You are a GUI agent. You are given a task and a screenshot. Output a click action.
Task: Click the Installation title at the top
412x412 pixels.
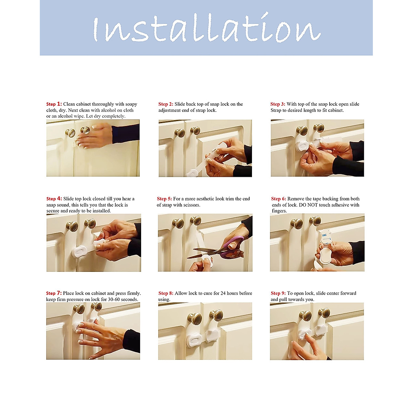tap(207, 28)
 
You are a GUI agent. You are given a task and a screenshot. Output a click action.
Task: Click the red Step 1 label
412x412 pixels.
tap(54, 104)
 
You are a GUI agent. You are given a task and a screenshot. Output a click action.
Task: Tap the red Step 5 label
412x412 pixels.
tap(164, 199)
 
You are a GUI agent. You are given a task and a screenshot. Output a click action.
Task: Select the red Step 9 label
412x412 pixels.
tap(278, 293)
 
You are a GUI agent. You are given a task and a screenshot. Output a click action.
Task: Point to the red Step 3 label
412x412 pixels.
tap(278, 104)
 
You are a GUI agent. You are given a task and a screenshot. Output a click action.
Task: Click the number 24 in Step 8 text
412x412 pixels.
tap(223, 293)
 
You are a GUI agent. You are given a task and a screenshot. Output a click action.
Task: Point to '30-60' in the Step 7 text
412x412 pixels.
tap(114, 299)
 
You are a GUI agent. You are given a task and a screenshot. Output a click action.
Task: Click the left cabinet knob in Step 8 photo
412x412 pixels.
tap(195, 319)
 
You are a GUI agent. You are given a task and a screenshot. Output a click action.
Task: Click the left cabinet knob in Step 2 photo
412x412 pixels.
tap(180, 133)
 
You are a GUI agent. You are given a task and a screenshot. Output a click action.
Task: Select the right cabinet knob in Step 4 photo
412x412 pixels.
tap(90, 224)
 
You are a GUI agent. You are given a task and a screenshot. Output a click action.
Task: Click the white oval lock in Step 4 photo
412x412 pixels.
tap(79, 252)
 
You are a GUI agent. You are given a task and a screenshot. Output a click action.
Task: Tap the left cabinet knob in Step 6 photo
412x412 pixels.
tap(297, 224)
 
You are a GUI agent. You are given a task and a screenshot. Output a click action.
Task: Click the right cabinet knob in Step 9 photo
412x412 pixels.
tap(324, 313)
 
